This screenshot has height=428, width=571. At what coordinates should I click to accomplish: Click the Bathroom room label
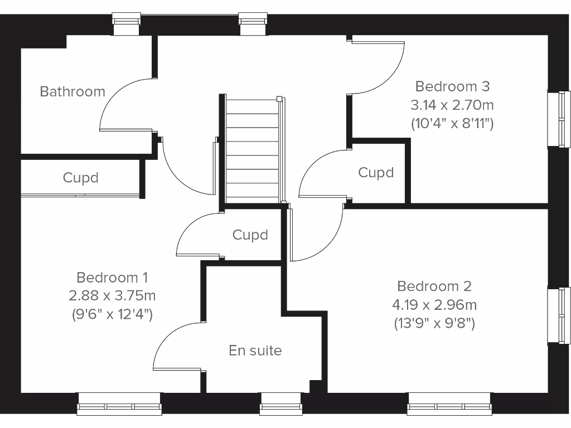[x=72, y=91]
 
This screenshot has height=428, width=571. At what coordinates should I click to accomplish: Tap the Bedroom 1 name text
[x=112, y=277]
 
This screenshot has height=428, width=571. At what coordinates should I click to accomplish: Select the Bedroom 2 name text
[x=434, y=286]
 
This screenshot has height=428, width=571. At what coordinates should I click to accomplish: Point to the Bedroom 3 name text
[x=452, y=86]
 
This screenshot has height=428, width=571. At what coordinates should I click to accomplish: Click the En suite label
[x=255, y=351]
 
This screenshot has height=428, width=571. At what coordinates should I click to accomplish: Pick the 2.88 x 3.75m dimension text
[x=112, y=295]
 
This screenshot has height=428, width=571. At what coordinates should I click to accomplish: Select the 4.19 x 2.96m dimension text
[x=434, y=304]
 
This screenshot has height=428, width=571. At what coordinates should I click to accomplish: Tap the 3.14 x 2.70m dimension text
[x=452, y=105]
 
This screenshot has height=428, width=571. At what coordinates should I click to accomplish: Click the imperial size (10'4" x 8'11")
[x=452, y=123]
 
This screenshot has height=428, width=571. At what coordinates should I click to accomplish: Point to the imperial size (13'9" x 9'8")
[x=434, y=323]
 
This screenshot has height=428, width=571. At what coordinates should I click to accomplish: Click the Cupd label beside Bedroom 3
[x=376, y=173]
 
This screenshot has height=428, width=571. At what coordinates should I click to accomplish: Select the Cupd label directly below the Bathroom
[x=80, y=178]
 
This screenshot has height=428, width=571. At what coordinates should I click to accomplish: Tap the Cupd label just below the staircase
[x=250, y=235]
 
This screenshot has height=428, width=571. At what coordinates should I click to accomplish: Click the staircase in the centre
[x=252, y=150]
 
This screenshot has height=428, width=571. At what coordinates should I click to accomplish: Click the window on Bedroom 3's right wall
[x=559, y=119]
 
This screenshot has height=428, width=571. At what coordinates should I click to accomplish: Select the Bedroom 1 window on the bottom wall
[x=119, y=404]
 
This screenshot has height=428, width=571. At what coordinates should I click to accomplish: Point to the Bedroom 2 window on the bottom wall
[x=449, y=404]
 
